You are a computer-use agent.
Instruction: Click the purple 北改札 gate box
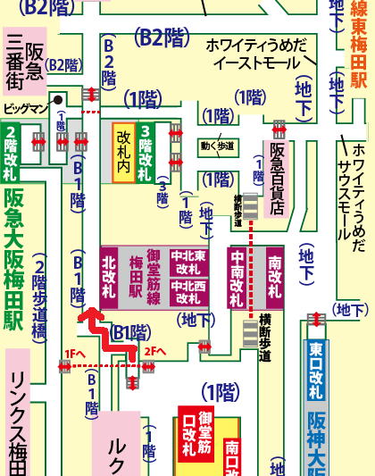point(110,277)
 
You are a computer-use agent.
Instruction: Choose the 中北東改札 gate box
point(188,261)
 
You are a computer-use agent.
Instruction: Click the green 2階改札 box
point(12,152)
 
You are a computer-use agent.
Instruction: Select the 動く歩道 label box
point(218,146)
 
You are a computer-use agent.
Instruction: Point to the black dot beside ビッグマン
point(56,100)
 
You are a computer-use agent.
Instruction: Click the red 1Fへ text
point(75,354)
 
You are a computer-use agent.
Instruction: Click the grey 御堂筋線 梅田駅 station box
point(137,277)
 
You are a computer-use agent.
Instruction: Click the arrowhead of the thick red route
point(88,314)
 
